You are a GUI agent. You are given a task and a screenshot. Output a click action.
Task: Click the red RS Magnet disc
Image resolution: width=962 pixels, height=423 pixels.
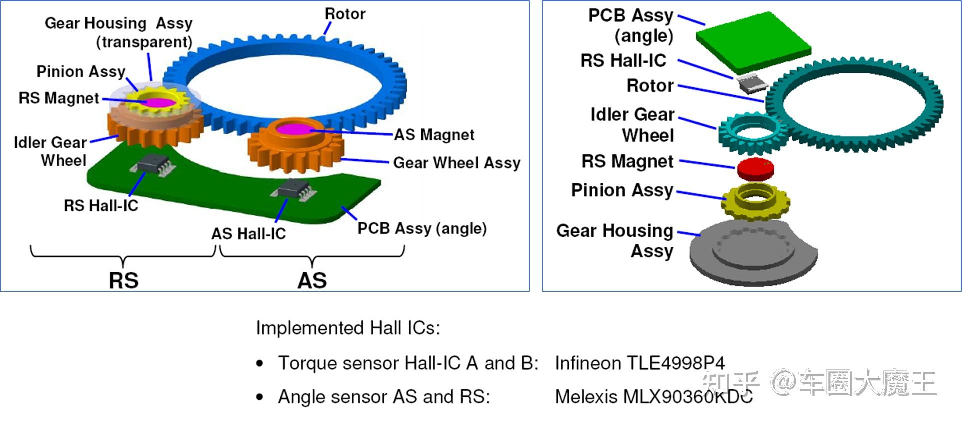coord(755,169)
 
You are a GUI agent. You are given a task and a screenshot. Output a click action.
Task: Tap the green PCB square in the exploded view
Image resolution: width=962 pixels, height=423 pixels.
coord(753,42)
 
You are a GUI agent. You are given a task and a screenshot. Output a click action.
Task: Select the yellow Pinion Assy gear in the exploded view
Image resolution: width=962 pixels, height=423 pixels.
coord(755,201)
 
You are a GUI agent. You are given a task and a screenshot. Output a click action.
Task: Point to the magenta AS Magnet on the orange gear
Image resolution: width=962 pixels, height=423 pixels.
coord(295,129)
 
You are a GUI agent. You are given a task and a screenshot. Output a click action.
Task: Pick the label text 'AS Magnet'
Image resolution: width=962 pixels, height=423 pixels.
coord(434,135)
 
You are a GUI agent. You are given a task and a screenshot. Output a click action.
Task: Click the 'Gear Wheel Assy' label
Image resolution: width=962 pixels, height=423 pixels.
coord(457,163)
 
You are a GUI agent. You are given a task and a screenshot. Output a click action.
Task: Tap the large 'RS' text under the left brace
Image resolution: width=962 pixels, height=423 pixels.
coord(124,280)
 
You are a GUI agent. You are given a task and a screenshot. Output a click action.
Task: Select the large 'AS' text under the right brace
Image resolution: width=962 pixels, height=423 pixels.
coord(312,280)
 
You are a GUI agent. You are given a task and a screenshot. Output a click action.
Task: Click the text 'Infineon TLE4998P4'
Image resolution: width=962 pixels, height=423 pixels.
coord(640,363)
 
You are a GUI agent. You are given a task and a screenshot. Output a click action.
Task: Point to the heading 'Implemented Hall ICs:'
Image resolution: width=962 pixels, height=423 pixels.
coord(348,328)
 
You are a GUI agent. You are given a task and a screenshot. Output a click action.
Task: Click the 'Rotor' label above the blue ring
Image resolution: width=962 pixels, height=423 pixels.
coord(345,14)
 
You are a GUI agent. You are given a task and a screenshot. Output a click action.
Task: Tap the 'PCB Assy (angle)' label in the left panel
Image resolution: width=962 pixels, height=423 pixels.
coord(422,228)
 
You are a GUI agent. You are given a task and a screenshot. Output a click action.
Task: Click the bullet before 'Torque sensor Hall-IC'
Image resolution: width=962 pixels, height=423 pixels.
coord(260,363)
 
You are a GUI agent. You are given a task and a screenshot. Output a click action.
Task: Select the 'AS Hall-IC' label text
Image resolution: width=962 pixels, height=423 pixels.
coord(248,233)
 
